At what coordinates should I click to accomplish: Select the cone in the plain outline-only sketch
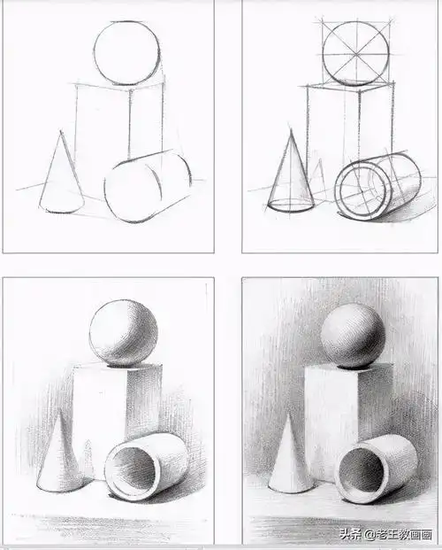[x=60, y=177]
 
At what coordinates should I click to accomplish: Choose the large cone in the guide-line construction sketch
[x=291, y=177]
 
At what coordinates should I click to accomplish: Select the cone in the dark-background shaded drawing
[x=289, y=461]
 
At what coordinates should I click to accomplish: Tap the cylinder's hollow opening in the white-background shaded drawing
[x=130, y=469]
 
